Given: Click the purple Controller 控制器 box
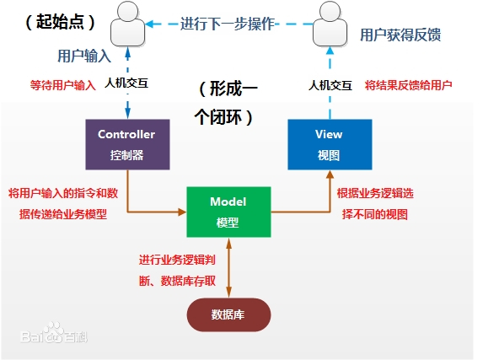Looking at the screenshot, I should point(126,144).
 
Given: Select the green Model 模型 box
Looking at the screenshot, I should point(228,211).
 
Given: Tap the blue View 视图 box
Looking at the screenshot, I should point(329,144).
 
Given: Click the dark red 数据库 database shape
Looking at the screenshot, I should point(228,314).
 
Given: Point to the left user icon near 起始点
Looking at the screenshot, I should point(128,24).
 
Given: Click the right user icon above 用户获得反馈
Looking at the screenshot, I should point(329,24).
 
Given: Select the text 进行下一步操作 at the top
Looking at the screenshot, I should point(228,23).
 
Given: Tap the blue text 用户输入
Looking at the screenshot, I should point(83,56).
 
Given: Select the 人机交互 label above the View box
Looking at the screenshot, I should point(328,84).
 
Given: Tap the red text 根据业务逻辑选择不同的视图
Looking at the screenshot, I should point(375,203).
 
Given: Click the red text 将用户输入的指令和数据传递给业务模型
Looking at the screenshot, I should point(63,203).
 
